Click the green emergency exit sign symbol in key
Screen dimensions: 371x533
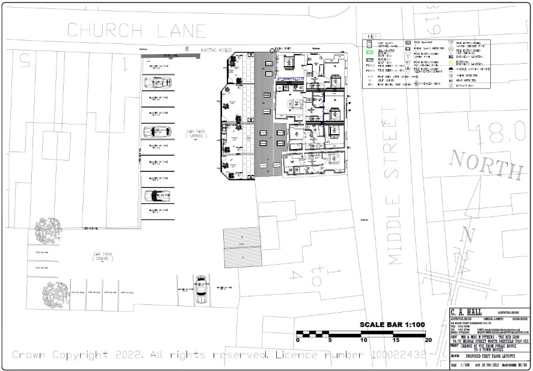pyautogui.click(x=371, y=52)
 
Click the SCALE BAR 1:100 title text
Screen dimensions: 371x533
pyautogui.click(x=392, y=325)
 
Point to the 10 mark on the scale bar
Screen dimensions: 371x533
pyautogui.click(x=363, y=340)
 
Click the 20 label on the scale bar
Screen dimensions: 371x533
pyautogui.click(x=428, y=340)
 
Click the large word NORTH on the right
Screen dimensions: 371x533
pyautogui.click(x=486, y=164)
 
